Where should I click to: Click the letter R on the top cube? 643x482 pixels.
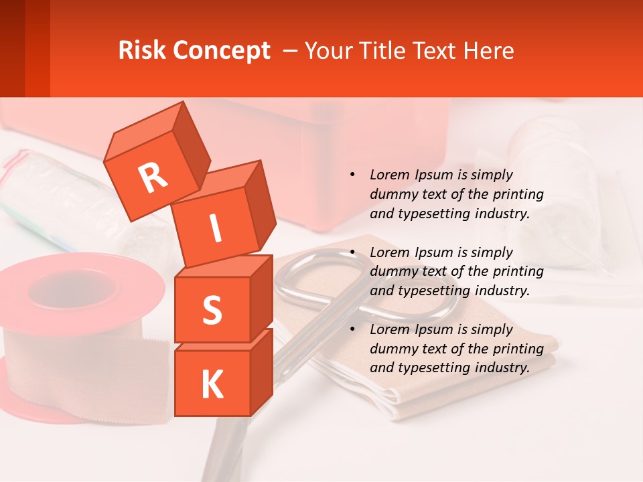click(153, 177)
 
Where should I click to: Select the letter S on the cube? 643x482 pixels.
click(212, 310)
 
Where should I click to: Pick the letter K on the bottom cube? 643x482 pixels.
click(212, 385)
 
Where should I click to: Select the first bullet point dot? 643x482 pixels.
click(352, 175)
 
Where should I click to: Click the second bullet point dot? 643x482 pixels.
click(352, 252)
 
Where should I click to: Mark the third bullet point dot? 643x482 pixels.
click(352, 329)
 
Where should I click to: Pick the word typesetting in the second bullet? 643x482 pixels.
click(431, 291)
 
